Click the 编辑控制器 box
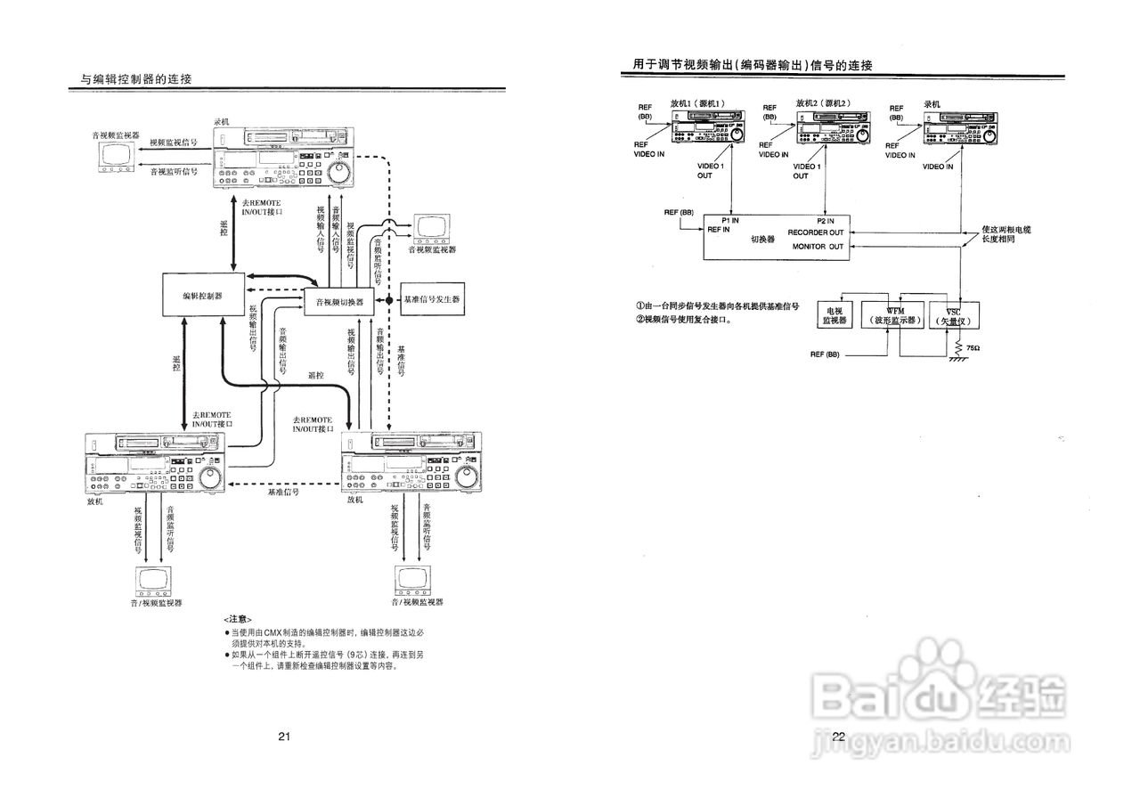pos(203,294)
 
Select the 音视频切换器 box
pos(339,302)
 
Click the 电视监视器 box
pos(835,313)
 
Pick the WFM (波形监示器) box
pos(894,313)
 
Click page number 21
pos(284,736)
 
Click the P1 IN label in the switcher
pos(732,220)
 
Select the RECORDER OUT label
pos(816,232)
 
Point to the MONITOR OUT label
pos(818,246)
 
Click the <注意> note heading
pos(238,619)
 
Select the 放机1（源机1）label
pos(699,103)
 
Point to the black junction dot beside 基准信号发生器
pos(389,301)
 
